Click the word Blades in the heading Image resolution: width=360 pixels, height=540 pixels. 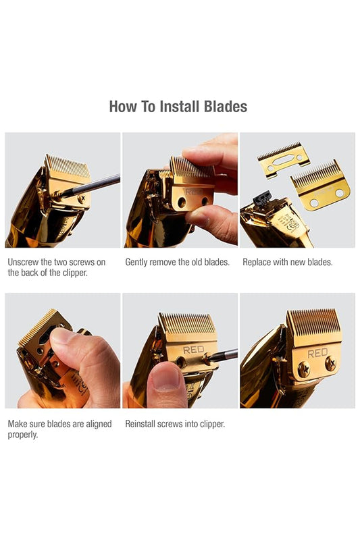point(226,107)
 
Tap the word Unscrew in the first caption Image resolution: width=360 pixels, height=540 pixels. point(23,262)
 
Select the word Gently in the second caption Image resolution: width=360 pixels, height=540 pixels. point(136,263)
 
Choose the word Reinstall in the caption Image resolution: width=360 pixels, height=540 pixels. point(140,424)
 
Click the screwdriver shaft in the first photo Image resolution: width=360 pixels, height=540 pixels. point(93,185)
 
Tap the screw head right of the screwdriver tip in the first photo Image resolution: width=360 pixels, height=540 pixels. point(82,198)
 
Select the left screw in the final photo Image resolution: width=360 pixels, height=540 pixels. point(303,369)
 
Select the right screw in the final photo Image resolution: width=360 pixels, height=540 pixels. point(330,363)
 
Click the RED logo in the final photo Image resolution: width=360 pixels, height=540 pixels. point(317,353)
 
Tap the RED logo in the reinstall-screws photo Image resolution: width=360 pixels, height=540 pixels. point(193,350)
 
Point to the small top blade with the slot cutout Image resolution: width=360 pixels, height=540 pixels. point(283,160)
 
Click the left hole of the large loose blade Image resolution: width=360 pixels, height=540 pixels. point(314,202)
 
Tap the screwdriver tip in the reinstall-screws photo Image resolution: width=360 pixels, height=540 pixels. point(208,360)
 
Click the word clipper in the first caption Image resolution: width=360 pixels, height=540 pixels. point(75,273)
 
